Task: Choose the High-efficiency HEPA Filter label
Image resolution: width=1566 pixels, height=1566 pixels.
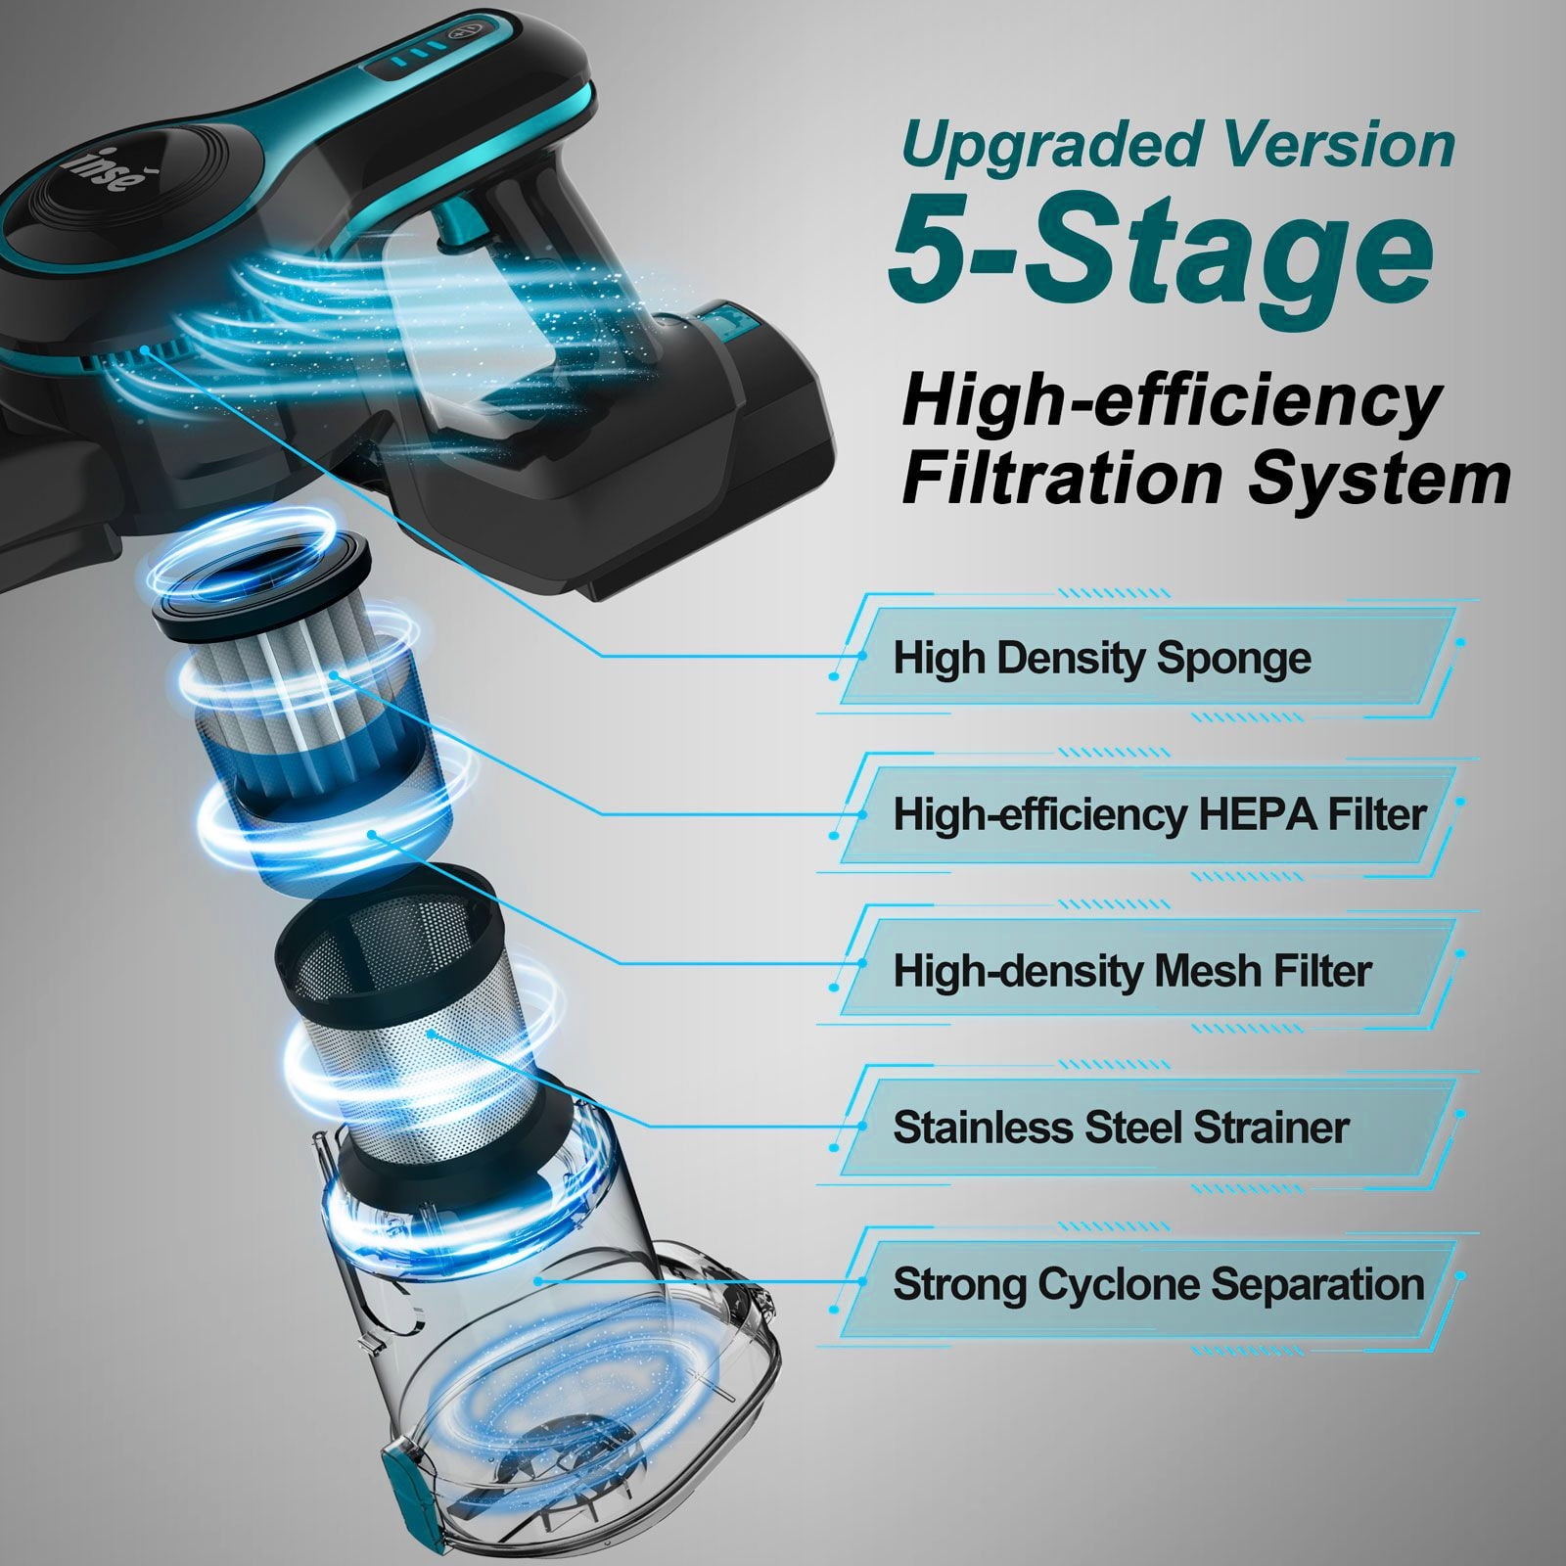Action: tap(1160, 814)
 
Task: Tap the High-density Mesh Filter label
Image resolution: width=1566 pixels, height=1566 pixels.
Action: tap(1132, 971)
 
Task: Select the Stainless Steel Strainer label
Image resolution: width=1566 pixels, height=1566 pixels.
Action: tap(1121, 1128)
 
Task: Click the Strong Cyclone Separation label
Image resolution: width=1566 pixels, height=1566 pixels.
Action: tap(1159, 1284)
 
